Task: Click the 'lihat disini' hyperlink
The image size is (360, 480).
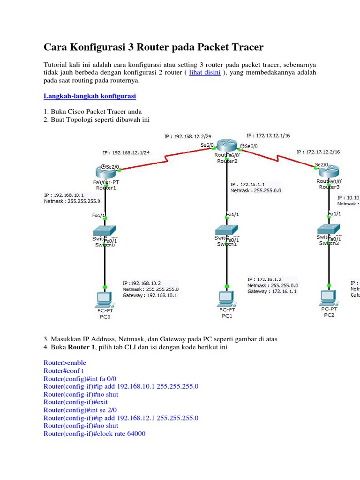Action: [205, 73]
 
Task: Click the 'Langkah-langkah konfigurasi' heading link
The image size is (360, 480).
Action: [90, 96]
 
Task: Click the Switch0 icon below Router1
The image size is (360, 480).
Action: [104, 231]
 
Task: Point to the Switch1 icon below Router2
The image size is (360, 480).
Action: [227, 231]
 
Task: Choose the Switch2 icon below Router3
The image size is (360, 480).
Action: [329, 230]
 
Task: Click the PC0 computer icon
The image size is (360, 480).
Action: [104, 299]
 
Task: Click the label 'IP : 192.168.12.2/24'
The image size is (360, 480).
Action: [184, 137]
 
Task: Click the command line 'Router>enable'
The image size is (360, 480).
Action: [65, 363]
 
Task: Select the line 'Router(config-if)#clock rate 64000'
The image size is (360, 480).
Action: [94, 434]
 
